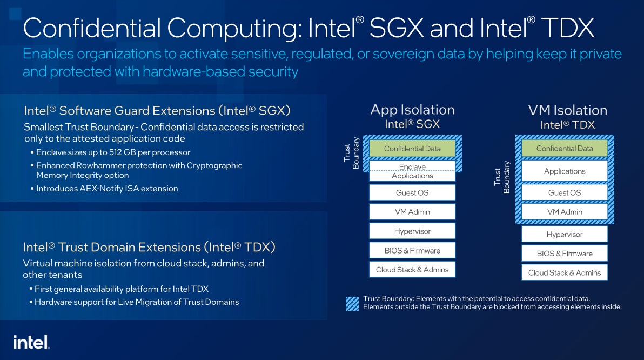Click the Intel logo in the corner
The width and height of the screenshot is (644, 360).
click(31, 342)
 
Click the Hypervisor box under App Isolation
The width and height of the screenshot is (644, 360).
click(412, 231)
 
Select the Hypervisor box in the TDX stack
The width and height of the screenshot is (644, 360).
click(565, 234)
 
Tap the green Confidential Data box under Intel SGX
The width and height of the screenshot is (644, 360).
click(412, 149)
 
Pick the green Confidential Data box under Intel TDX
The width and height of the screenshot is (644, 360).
click(565, 149)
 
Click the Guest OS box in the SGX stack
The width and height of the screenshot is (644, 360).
click(412, 192)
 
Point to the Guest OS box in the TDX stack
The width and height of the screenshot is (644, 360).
click(565, 192)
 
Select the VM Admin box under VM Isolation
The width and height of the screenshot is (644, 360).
click(565, 212)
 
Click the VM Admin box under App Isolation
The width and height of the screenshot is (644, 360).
click(412, 212)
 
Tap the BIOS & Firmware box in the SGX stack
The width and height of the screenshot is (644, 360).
click(412, 250)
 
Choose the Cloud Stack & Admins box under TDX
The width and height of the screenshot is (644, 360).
click(565, 272)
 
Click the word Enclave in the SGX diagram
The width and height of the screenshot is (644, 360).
click(412, 167)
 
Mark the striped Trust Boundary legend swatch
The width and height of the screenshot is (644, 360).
click(352, 303)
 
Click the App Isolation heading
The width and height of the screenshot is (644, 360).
click(412, 110)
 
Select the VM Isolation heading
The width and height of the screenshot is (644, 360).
click(567, 110)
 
